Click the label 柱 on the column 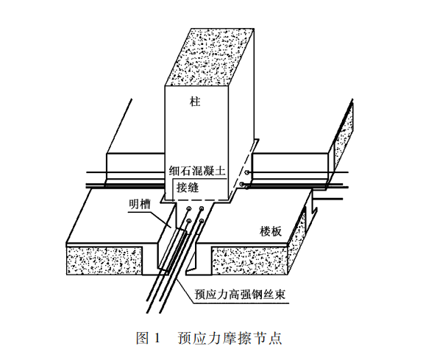coord(195,102)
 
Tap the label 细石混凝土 coord(197,171)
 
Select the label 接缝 coord(188,187)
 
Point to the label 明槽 coord(140,204)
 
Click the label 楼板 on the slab coord(271,231)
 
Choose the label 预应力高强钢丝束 coord(240,294)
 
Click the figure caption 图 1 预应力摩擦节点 coord(209,338)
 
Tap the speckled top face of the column coord(209,57)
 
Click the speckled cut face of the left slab coord(104,261)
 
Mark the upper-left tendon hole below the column coord(189,208)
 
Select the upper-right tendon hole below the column coord(202,208)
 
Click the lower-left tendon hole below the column coord(189,222)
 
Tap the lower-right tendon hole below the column coord(202,221)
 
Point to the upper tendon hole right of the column coord(246,172)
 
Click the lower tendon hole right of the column coord(242,184)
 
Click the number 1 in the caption coord(157,338)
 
